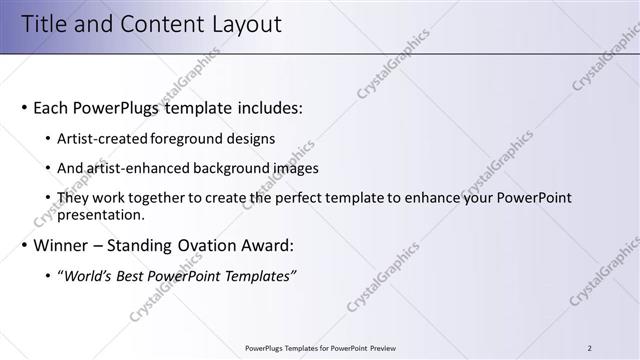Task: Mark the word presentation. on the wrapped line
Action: click(101, 214)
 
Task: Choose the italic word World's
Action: click(87, 276)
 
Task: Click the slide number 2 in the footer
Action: click(590, 348)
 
